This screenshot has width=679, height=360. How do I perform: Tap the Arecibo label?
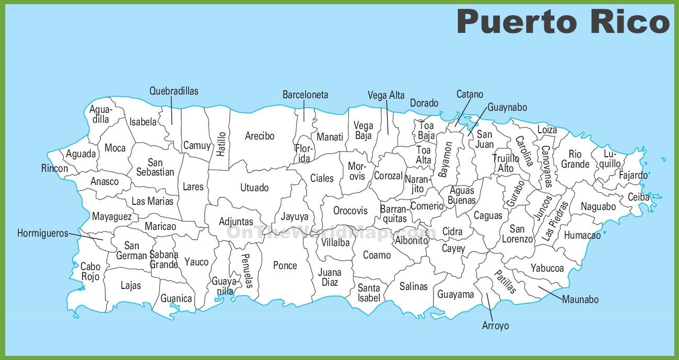[260, 136]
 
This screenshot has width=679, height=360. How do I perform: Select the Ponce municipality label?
[285, 265]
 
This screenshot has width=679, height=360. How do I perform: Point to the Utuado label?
[254, 188]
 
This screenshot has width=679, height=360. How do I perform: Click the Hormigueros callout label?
[43, 234]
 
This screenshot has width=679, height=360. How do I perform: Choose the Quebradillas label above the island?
[174, 91]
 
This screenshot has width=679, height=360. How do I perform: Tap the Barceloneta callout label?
[306, 95]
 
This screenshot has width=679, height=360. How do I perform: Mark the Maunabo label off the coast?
[580, 299]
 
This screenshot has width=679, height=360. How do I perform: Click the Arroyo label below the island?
[495, 326]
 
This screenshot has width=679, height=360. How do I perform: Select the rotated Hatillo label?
[221, 143]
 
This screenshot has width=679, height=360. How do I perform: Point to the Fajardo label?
[633, 176]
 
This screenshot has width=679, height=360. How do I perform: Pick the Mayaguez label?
[112, 216]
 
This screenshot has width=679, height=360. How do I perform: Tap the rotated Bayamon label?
[446, 160]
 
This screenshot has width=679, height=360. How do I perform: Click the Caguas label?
[488, 215]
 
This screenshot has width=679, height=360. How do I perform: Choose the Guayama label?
[455, 295]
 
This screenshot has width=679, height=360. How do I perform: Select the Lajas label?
[131, 285]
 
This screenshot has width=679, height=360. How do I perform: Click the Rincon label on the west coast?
[55, 168]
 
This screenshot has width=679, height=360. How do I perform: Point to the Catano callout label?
[470, 95]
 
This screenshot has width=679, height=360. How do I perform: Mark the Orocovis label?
[350, 211]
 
